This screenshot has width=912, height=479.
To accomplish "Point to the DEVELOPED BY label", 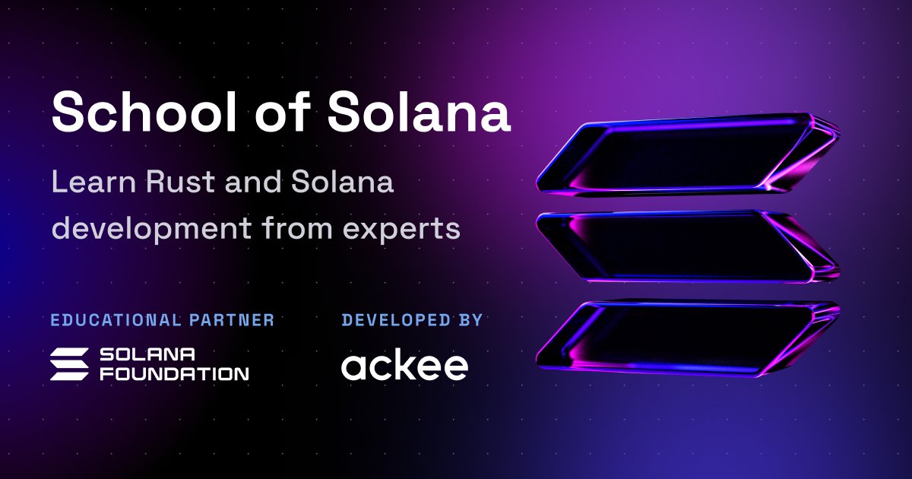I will (x=412, y=320).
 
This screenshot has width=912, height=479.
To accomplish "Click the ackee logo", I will (x=404, y=365).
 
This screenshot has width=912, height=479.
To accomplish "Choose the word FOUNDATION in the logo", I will (x=175, y=373).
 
